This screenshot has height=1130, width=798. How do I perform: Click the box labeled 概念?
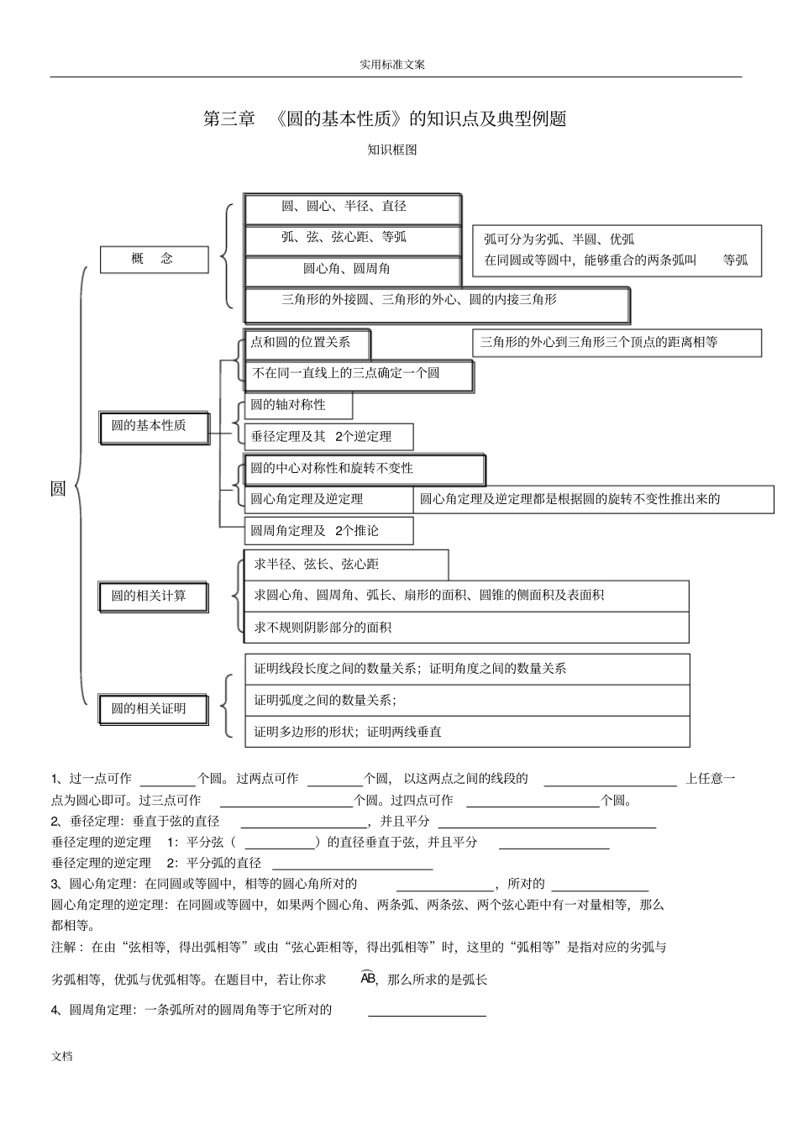154,260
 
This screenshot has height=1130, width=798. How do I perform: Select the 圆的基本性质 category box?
154,426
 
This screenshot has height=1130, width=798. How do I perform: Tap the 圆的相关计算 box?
154,597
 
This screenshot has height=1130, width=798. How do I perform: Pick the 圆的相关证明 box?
154,709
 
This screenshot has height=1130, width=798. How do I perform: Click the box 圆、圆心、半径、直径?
352,208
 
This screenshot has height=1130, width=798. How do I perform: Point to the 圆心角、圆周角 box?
352,270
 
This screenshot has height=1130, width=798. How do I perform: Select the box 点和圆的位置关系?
307,343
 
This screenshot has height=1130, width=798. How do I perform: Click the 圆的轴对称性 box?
297,405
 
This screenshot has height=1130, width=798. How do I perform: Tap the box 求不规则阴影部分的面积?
466,628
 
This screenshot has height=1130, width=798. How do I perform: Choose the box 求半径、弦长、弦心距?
345,565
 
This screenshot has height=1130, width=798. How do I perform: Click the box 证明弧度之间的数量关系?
466,700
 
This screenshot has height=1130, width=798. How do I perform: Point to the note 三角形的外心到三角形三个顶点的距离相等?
617,343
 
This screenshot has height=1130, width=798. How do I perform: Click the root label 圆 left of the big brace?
58,489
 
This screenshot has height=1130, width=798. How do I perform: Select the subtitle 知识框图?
392,150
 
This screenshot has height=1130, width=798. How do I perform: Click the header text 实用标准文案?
392,65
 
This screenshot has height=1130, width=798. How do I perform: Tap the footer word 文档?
62,1056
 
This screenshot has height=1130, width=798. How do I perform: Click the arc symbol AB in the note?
368,978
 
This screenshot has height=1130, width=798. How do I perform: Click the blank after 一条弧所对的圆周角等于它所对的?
427,1012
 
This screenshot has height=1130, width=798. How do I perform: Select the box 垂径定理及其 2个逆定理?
328,437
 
